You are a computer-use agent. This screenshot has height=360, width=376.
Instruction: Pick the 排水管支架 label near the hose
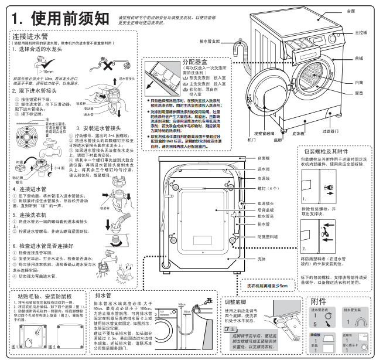click(x=210, y=41)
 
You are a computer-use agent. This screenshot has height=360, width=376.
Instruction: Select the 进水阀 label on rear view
click(x=263, y=169)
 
